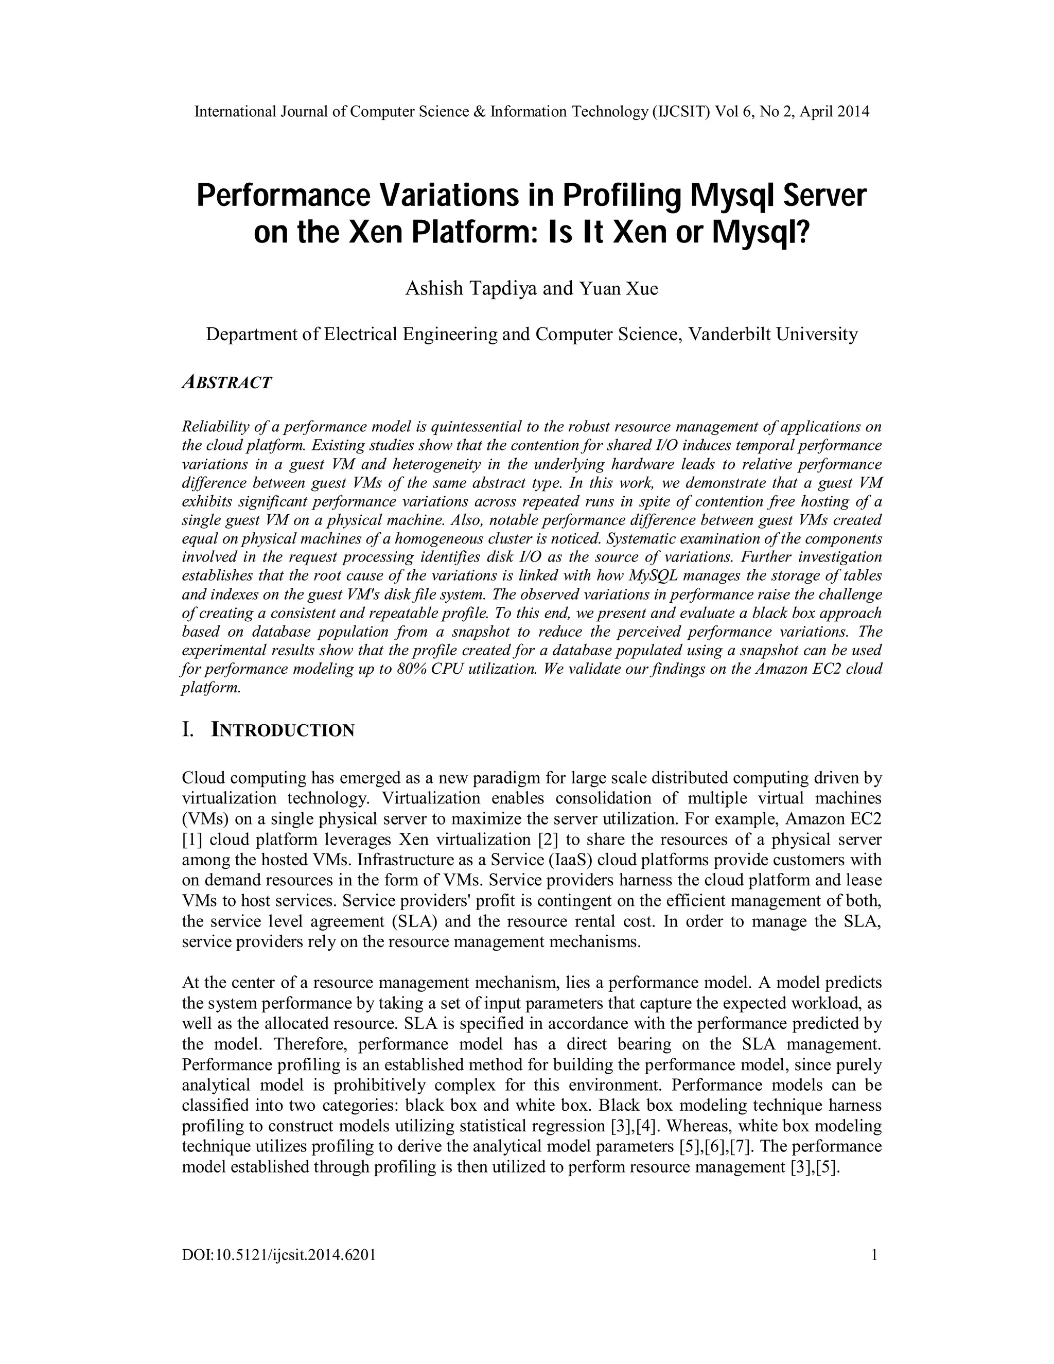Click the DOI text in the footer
pos(278,1255)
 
